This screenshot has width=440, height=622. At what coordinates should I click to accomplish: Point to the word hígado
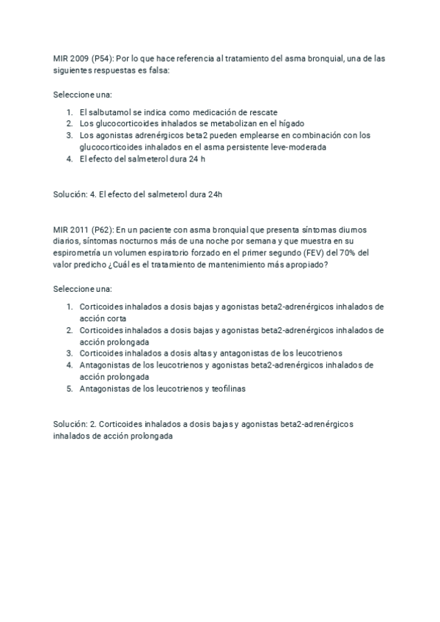coord(290,124)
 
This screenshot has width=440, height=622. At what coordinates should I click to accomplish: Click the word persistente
coord(227,147)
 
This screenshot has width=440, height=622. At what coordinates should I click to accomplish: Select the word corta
coord(114,318)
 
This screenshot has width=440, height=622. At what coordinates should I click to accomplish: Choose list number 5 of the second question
coord(69,389)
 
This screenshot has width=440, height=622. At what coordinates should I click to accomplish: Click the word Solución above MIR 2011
coord(70,194)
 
